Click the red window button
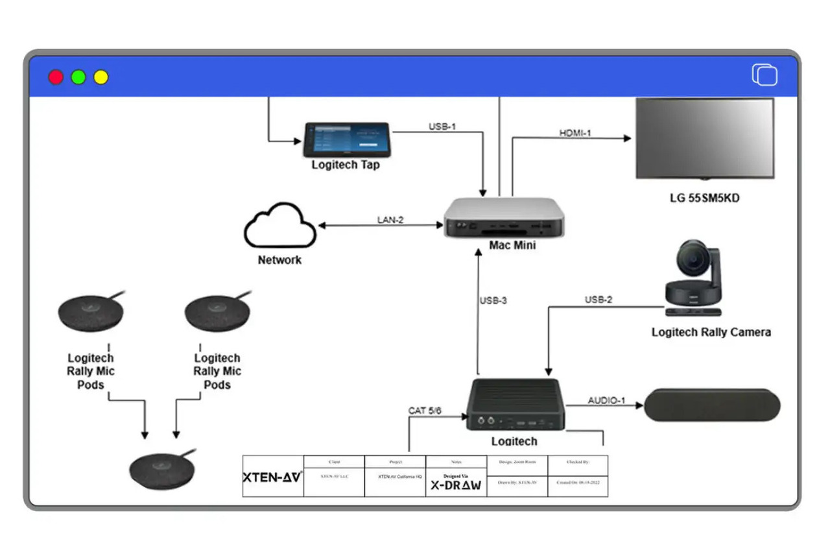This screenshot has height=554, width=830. pyautogui.click(x=56, y=77)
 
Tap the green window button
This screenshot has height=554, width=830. pyautogui.click(x=78, y=77)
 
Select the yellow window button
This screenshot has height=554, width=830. pyautogui.click(x=101, y=77)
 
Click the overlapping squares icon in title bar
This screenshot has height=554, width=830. pyautogui.click(x=765, y=75)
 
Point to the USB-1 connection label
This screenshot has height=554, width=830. pyautogui.click(x=442, y=126)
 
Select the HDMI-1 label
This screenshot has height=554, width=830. pyautogui.click(x=575, y=133)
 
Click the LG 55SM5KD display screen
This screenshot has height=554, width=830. pyautogui.click(x=704, y=138)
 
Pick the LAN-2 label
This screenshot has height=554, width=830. pyautogui.click(x=390, y=220)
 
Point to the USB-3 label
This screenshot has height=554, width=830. pyautogui.click(x=493, y=300)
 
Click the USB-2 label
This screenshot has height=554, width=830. pyautogui.click(x=598, y=300)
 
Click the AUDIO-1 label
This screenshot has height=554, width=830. pyautogui.click(x=606, y=400)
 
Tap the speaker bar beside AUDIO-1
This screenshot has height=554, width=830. pyautogui.click(x=712, y=406)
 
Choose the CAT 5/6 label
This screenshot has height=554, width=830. pyautogui.click(x=425, y=411)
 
